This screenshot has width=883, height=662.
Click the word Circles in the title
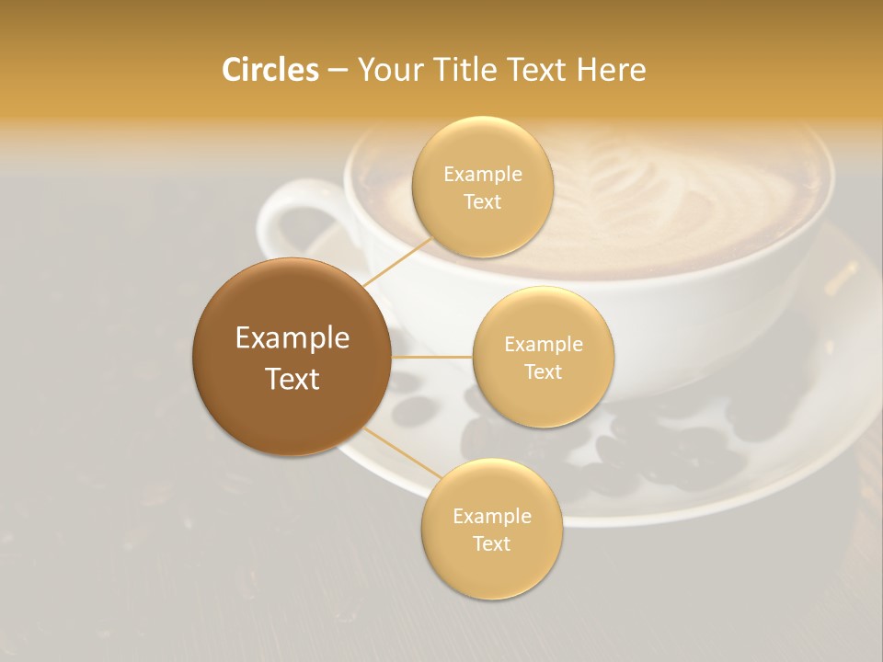269,70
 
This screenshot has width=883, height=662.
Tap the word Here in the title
611,70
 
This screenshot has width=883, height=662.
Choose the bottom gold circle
491,570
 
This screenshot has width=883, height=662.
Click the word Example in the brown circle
292,338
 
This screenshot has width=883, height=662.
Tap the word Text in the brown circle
292,379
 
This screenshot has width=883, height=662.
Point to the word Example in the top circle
482,174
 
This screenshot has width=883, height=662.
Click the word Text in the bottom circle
491,543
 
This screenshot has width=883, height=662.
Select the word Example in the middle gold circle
543,344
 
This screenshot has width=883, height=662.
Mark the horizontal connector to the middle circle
432,357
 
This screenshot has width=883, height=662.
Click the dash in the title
338,71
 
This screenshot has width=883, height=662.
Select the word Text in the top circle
482,201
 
